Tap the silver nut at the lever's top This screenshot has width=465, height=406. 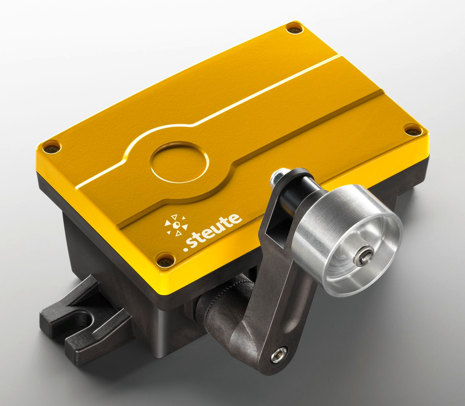[276, 178]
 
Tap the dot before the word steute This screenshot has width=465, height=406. [185, 250]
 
